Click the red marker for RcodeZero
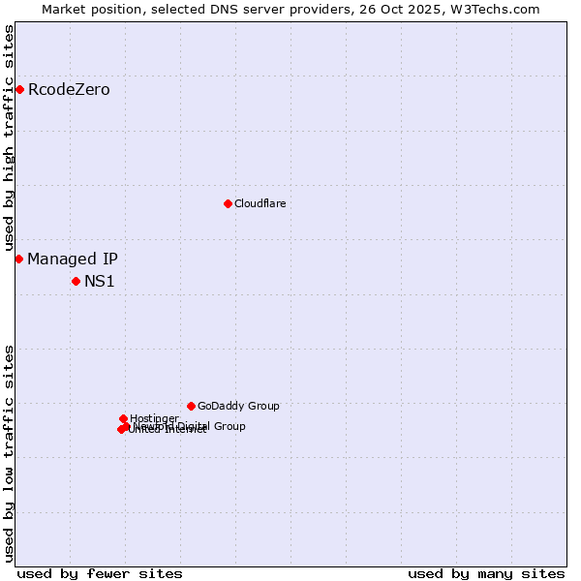(19, 90)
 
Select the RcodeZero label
(69, 90)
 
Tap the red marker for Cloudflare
(228, 203)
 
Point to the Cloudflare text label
(260, 203)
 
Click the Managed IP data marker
(18, 259)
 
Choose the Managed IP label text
(73, 259)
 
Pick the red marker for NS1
(76, 281)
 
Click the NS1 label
(100, 282)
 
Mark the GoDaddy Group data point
(191, 406)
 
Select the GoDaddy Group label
(238, 406)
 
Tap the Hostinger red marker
(123, 418)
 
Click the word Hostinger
(154, 418)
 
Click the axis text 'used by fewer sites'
(100, 573)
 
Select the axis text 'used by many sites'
(486, 573)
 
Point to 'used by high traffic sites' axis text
(9, 138)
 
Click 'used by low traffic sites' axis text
(9, 452)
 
